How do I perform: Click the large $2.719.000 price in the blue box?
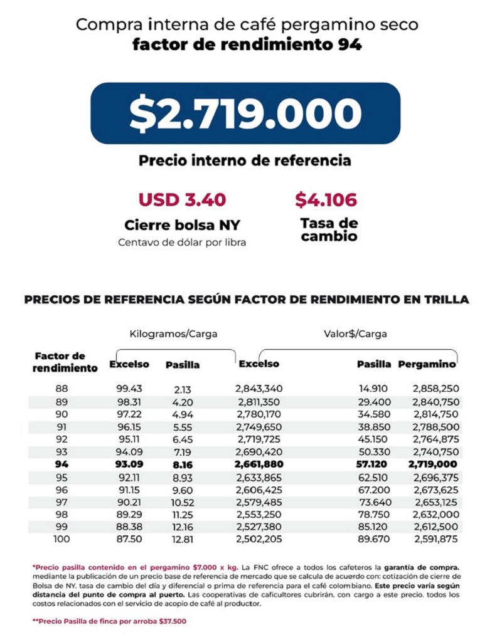tap(245, 113)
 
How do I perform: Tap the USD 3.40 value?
tap(182, 200)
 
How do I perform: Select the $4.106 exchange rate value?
tap(326, 200)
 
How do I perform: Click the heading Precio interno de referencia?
tap(245, 160)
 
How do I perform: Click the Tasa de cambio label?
tap(329, 229)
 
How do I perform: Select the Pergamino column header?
tap(427, 364)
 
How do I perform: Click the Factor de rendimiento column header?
tap(65, 362)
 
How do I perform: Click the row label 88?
tap(61, 389)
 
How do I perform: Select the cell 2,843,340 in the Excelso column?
tap(259, 389)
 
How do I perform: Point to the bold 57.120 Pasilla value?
tap(374, 464)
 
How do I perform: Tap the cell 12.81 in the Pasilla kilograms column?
tap(182, 539)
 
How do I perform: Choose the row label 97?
tap(61, 501)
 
